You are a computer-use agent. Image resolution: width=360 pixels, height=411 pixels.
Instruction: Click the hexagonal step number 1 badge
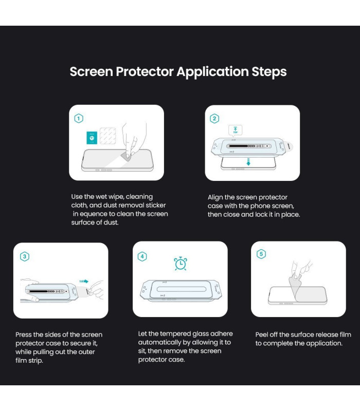(79, 119)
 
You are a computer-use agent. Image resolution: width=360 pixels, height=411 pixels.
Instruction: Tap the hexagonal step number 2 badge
(214, 119)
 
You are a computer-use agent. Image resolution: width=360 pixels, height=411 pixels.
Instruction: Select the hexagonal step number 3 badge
(25, 256)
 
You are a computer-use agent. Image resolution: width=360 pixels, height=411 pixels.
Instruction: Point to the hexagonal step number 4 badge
(142, 256)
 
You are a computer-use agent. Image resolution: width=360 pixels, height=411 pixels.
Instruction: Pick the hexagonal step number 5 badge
(261, 254)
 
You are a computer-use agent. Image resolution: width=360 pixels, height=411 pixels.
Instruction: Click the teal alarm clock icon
(181, 264)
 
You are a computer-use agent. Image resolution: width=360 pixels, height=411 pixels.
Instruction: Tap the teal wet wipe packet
(92, 138)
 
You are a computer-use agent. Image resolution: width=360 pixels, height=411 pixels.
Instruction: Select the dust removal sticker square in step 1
(108, 136)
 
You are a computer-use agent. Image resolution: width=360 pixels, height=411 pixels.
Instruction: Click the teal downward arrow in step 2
(248, 162)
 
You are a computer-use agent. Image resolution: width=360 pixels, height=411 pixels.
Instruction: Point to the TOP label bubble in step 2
(236, 130)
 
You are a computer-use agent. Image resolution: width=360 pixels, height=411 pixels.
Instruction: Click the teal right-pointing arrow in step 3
(84, 281)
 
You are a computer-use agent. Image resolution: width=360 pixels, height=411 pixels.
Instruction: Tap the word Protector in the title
(145, 71)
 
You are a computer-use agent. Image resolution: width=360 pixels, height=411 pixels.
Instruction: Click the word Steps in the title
(269, 72)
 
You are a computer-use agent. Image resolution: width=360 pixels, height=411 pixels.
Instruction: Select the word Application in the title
(212, 72)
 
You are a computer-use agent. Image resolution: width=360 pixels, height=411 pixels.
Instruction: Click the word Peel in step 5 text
(261, 335)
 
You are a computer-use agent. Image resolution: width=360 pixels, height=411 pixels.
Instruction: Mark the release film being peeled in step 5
(295, 288)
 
